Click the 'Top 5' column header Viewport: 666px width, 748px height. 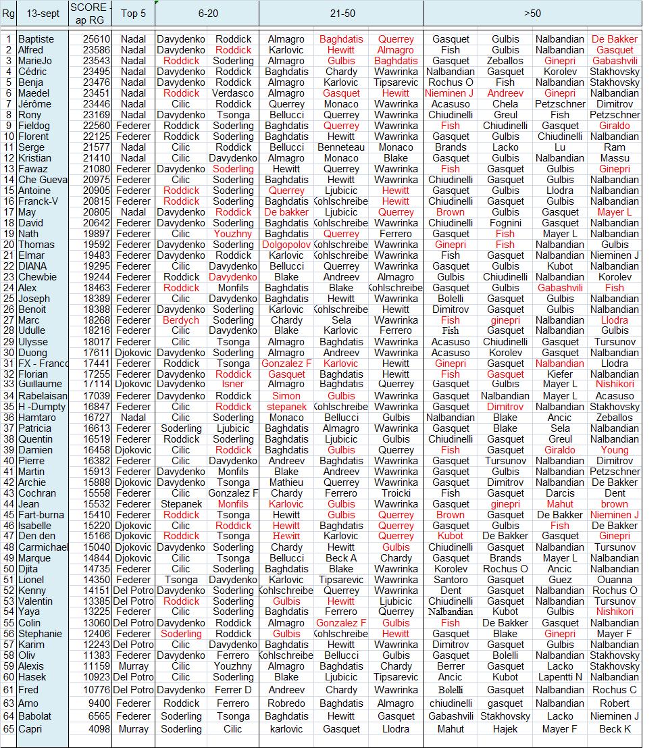tap(133, 14)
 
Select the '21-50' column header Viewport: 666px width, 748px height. tap(341, 14)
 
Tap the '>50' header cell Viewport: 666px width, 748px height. tap(532, 14)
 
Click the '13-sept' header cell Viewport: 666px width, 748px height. tap(42, 14)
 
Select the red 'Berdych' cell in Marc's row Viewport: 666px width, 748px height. tap(181, 320)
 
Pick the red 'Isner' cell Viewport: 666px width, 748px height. tap(234, 384)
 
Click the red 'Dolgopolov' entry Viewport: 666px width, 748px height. tap(286, 245)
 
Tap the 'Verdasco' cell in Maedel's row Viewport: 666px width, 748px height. tap(234, 93)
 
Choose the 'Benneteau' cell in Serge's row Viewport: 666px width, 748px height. tap(341, 147)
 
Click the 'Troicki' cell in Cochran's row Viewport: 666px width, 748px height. tap(396, 493)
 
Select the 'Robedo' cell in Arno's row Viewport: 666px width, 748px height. tap(286, 703)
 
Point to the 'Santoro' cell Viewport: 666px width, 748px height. tap(451, 580)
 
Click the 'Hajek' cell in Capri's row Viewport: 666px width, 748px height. tap(505, 729)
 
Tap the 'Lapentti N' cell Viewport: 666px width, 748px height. tap(560, 677)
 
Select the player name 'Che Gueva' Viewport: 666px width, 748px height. tap(42, 180)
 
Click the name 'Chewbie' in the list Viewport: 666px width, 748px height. tap(38, 277)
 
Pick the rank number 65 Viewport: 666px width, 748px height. tap(8, 729)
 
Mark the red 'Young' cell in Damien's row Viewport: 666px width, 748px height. tap(615, 450)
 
